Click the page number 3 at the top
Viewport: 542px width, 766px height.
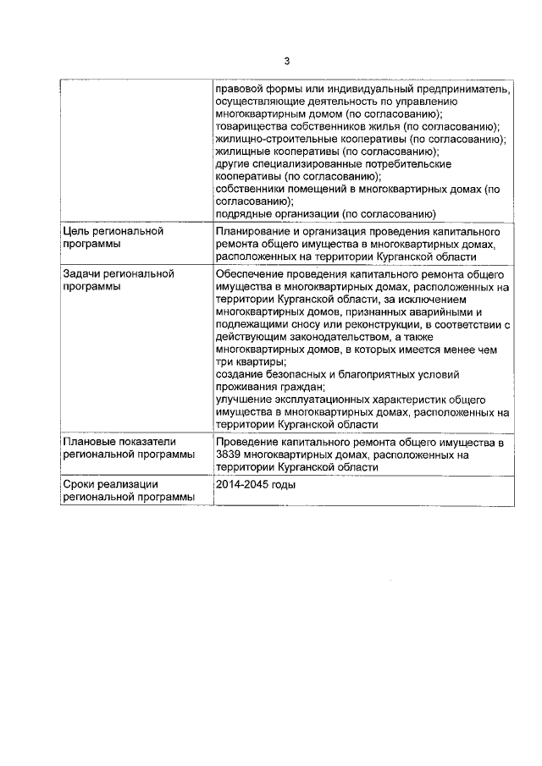pos(286,61)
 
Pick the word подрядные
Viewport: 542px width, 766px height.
pos(241,214)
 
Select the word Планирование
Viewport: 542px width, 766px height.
pos(254,231)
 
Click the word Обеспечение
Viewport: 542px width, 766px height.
pos(253,274)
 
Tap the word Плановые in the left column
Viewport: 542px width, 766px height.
pos(89,442)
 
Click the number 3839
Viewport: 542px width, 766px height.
pos(230,455)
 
